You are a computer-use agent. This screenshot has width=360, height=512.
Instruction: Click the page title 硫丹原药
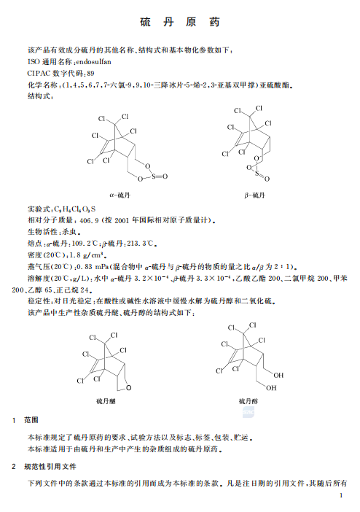[x=179, y=23]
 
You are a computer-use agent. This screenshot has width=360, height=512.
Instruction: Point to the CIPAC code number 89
[x=90, y=74]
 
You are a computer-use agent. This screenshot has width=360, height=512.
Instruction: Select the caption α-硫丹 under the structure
[x=120, y=195]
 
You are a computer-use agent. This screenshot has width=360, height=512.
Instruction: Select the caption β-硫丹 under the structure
[x=255, y=195]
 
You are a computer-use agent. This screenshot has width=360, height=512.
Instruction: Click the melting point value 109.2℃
[x=98, y=241]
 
